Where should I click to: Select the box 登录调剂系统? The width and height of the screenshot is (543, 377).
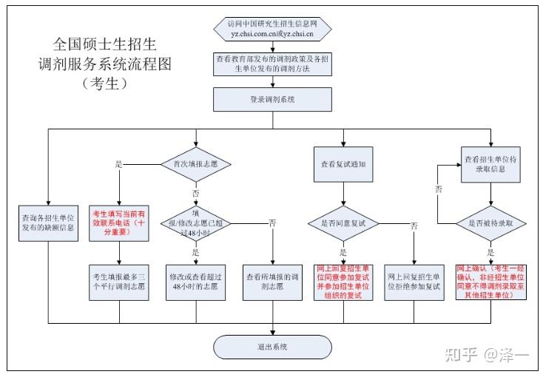pyautogui.click(x=271, y=98)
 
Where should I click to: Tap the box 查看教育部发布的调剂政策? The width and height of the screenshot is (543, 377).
pyautogui.click(x=271, y=64)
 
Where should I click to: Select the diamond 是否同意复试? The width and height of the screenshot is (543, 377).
pyautogui.click(x=343, y=222)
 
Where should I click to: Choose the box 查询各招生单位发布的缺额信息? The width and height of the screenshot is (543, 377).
pyautogui.click(x=48, y=223)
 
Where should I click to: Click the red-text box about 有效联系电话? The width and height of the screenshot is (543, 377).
pyautogui.click(x=119, y=223)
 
